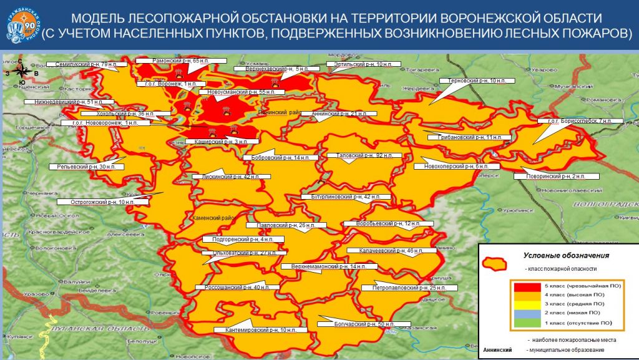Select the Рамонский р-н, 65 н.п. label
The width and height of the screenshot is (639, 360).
click(173, 61)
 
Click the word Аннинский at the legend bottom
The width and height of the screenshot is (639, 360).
click(497, 350)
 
